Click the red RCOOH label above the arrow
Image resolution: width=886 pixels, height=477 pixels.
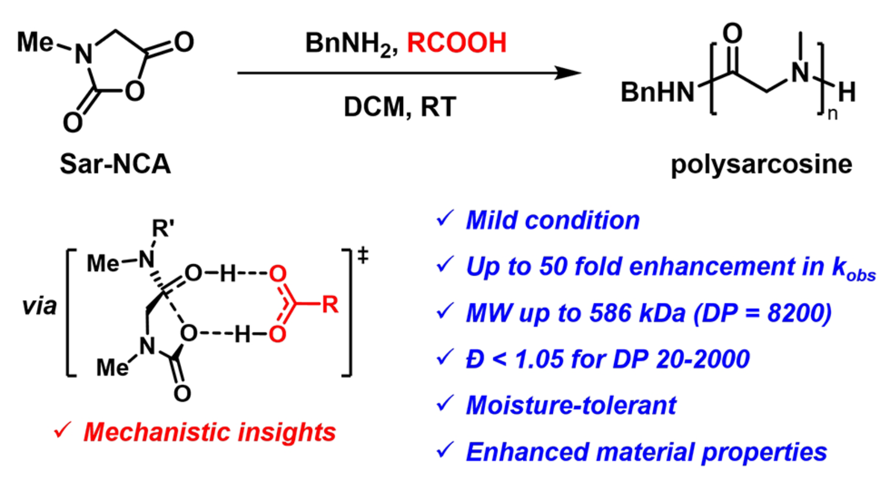[x=457, y=43]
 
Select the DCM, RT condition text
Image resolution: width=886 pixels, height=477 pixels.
[x=400, y=107]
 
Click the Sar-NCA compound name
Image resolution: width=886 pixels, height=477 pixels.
[x=115, y=164]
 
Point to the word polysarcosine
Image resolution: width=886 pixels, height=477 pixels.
[x=761, y=164]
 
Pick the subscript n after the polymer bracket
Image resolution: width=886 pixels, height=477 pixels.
[x=832, y=114]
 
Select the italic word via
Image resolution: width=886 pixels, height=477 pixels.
[x=39, y=306]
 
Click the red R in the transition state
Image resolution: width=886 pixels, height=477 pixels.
[x=330, y=305]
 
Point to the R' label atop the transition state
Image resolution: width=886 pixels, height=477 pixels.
[x=163, y=228]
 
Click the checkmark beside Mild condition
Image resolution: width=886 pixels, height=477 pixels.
[x=445, y=219]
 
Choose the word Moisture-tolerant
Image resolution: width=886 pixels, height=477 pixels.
[x=571, y=406]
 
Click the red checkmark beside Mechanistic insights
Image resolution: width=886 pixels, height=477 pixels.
[x=63, y=430]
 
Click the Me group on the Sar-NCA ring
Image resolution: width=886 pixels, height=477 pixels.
[x=35, y=42]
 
